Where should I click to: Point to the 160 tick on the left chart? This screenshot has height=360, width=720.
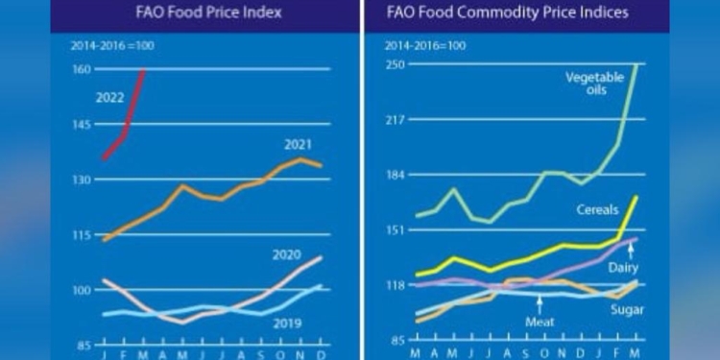(81, 69)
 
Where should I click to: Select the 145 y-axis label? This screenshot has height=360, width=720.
(81, 125)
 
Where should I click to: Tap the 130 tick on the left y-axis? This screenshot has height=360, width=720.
(81, 180)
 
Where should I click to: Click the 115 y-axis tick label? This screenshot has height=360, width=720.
(81, 235)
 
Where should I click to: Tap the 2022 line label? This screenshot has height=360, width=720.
(108, 97)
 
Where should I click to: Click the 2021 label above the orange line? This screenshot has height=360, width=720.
(299, 145)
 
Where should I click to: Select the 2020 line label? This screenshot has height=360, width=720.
(287, 254)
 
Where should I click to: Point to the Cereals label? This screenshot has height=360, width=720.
(596, 209)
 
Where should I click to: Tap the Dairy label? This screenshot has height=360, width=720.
(623, 267)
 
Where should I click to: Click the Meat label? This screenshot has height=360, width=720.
(541, 324)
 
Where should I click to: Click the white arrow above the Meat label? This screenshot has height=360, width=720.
(541, 305)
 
